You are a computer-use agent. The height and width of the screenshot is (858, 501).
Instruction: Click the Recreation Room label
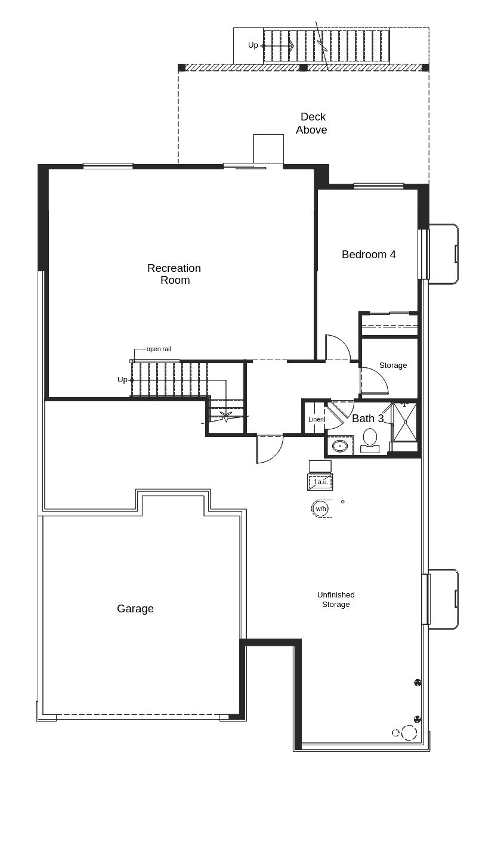pos(174,274)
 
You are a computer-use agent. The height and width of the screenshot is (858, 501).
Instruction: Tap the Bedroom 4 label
pos(369,255)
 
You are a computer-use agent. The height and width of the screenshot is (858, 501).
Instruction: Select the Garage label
pos(135,609)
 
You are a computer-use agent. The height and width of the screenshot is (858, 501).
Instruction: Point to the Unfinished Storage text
pos(336,600)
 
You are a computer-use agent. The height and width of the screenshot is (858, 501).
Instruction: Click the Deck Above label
pos(312,123)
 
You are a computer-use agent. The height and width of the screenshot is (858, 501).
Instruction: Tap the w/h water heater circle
pos(320,509)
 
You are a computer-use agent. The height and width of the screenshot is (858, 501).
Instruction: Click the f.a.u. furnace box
pos(320,482)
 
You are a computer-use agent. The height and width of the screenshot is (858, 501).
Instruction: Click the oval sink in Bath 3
pos(340,446)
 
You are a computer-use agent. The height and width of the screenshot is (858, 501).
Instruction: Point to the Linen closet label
pos(316,419)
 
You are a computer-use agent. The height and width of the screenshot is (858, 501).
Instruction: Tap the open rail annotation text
pos(159,349)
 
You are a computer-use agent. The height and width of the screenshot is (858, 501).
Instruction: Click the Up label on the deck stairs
pos(253,45)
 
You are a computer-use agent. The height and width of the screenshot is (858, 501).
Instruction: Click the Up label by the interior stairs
pos(122,380)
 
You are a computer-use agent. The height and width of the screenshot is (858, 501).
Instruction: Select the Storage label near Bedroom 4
pos(393,365)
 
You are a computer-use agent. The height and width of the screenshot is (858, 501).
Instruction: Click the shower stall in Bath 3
pos(405,422)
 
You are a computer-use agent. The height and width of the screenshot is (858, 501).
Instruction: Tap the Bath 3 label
pos(367,419)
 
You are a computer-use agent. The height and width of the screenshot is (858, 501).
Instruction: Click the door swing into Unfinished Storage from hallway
pos(268,448)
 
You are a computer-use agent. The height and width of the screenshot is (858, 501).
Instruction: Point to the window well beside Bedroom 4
pos(443,254)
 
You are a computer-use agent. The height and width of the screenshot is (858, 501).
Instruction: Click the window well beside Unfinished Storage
pos(443,599)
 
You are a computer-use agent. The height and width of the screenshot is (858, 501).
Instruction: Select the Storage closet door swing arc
pos(376,380)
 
